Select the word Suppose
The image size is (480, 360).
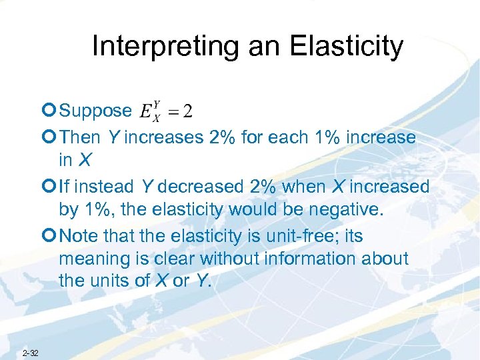click(x=95, y=111)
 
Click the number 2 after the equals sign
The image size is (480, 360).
click(x=188, y=111)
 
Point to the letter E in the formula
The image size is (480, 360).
click(x=145, y=111)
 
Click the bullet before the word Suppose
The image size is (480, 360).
click(x=51, y=111)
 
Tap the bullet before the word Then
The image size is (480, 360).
click(x=51, y=138)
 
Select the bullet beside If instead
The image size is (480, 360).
click(x=51, y=187)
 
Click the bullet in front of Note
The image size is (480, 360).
click(x=51, y=237)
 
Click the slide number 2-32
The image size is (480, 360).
click(x=31, y=352)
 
